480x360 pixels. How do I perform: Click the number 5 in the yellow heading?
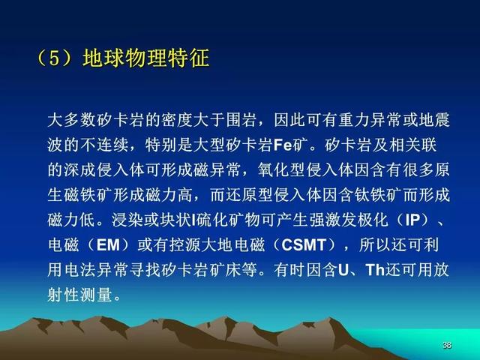point(54,58)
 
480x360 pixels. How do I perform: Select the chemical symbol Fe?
point(283,145)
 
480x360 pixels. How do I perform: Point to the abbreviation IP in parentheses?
point(413,220)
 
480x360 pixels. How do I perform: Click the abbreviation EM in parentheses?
point(108,245)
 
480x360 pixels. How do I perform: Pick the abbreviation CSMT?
point(304,245)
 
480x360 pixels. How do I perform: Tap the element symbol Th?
point(375,270)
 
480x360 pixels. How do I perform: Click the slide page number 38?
point(447,345)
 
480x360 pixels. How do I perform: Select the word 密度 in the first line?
point(177,120)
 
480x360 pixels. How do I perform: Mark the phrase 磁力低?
point(71,220)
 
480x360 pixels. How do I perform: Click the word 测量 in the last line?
point(95,295)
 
